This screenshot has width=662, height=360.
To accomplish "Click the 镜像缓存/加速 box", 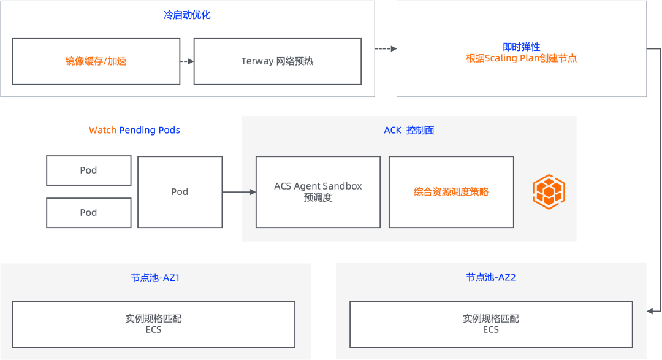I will tap(96, 61).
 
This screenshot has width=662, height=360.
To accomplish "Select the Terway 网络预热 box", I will tap(277, 61).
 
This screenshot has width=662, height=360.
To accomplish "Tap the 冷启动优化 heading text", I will tap(187, 15).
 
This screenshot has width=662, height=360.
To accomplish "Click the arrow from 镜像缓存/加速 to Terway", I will tap(187, 61).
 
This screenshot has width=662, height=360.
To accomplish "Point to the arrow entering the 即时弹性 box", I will tap(386, 48).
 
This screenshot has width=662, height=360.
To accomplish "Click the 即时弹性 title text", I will tap(521, 47).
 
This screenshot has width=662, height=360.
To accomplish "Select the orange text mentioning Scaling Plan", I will tap(521, 59).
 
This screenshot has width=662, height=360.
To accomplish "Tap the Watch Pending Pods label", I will tap(134, 130).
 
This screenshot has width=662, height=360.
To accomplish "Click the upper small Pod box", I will tap(88, 170).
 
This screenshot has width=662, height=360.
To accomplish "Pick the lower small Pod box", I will tap(88, 212).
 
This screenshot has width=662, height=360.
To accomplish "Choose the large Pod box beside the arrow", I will tap(180, 191).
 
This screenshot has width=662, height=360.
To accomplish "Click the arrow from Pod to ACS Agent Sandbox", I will tap(240, 192).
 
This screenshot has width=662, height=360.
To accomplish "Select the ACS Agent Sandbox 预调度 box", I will tap(318, 192).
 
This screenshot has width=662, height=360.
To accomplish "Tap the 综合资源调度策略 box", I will tap(451, 192).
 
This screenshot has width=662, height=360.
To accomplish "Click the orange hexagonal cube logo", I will tap(549, 191).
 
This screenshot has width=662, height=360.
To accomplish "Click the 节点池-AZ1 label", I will tap(155, 278).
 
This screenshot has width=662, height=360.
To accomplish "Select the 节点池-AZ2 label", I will tap(491, 278).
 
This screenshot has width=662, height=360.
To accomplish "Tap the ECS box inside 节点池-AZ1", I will tap(154, 324).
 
